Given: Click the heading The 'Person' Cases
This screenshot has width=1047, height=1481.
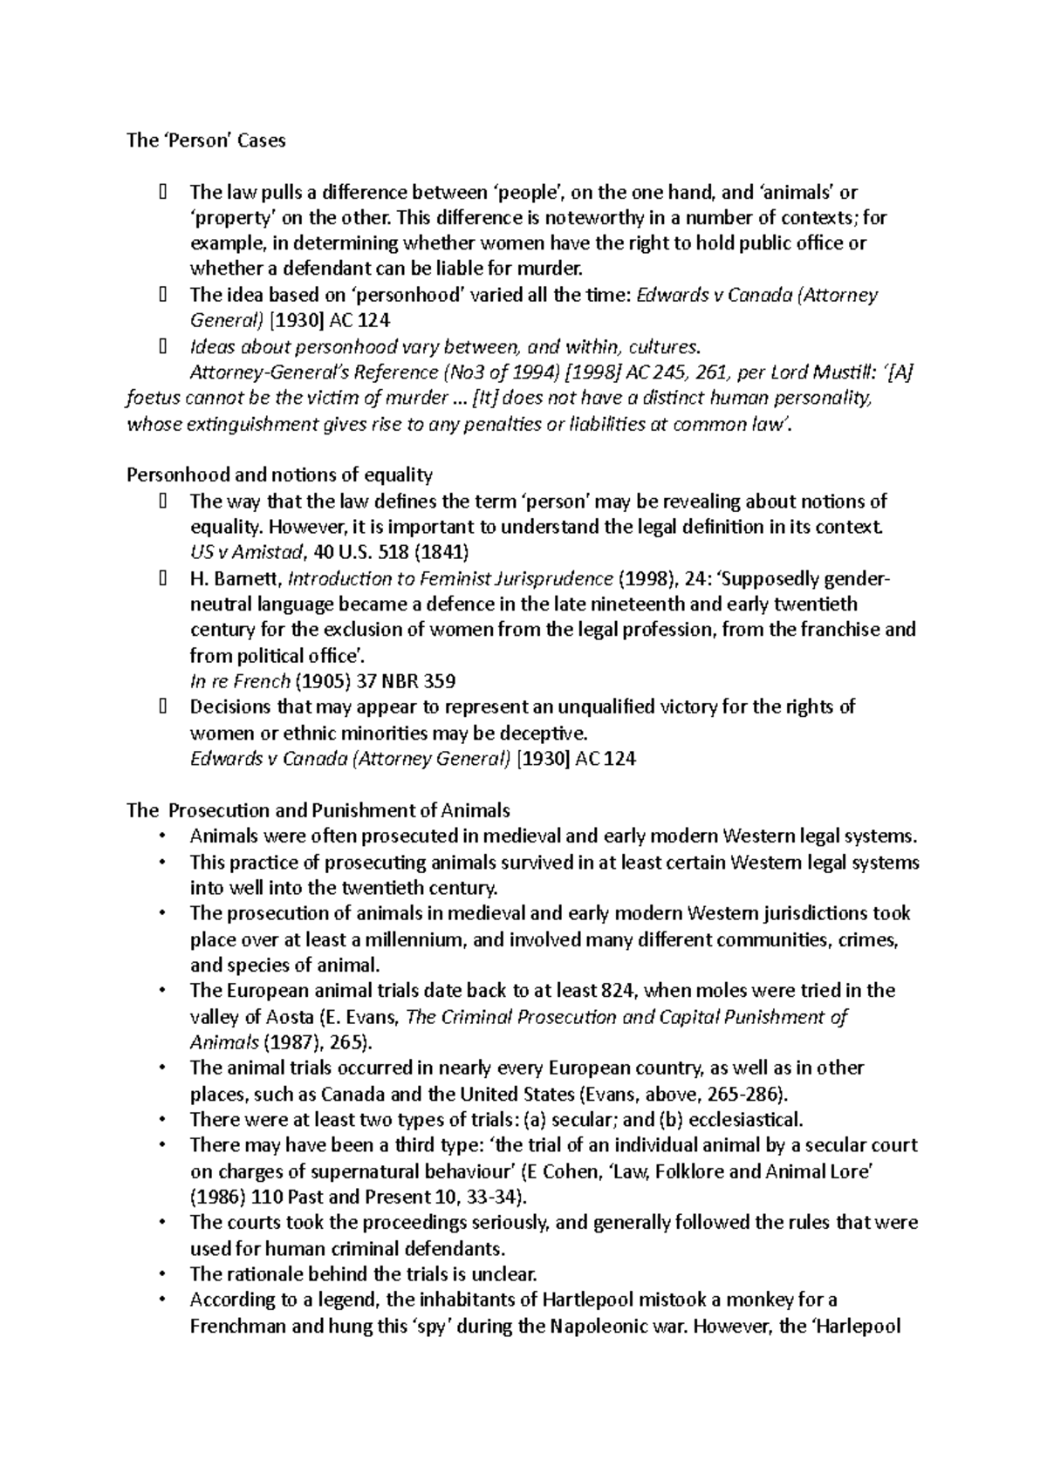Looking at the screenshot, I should click(x=206, y=140).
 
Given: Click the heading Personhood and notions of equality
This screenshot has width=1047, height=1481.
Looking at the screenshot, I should click(x=279, y=475).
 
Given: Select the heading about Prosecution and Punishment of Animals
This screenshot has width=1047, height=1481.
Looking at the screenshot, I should click(x=318, y=810).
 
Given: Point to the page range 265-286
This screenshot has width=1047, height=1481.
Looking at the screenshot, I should click(x=742, y=1094).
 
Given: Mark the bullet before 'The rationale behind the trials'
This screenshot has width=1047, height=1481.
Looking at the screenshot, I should click(x=163, y=1274).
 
